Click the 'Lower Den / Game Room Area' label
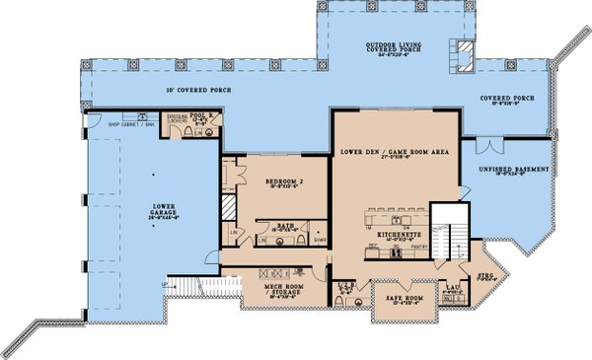pyautogui.click(x=395, y=152)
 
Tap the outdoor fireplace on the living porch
pyautogui.click(x=461, y=55)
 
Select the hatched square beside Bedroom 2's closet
pyautogui.click(x=226, y=209)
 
